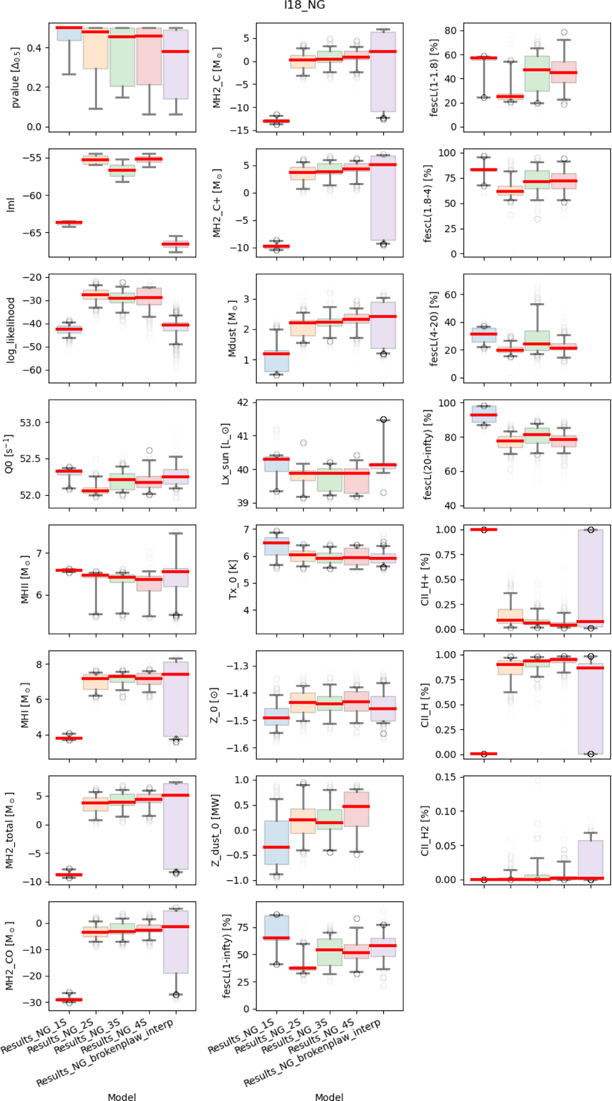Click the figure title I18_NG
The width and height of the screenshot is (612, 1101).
[x=304, y=6]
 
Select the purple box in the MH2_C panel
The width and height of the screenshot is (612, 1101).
[x=383, y=71]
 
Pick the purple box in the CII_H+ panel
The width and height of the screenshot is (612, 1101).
[x=591, y=579]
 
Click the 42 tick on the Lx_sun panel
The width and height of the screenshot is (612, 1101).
[x=243, y=402]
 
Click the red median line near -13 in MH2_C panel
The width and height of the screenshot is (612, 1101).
[x=276, y=121]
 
